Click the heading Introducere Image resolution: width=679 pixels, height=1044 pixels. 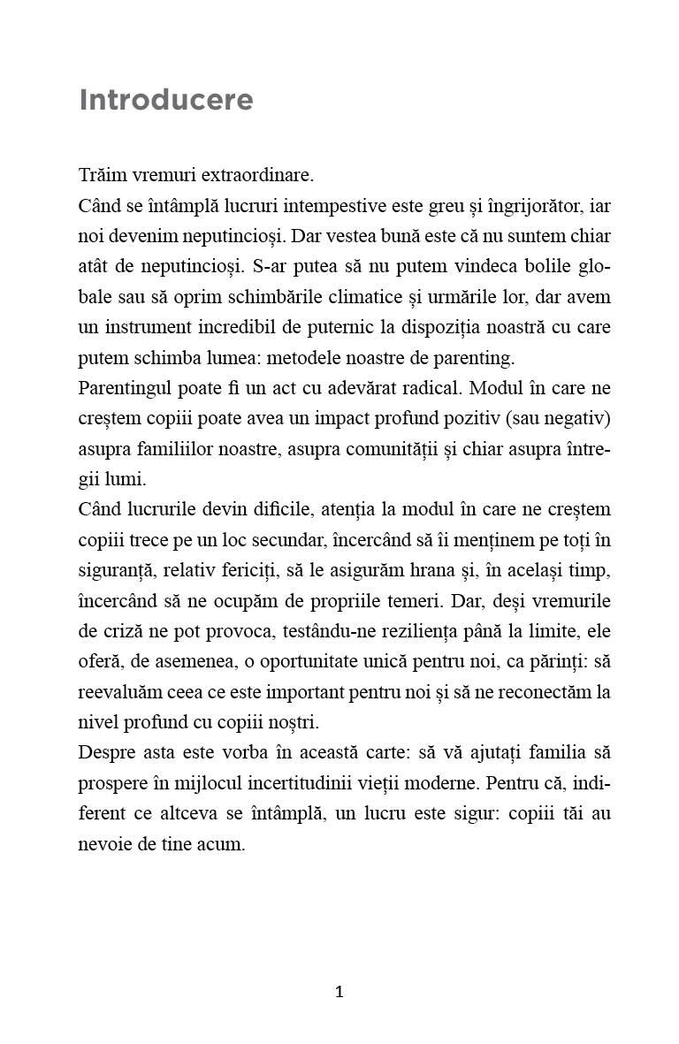click(x=166, y=100)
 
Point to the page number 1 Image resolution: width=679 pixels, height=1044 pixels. click(x=339, y=992)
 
